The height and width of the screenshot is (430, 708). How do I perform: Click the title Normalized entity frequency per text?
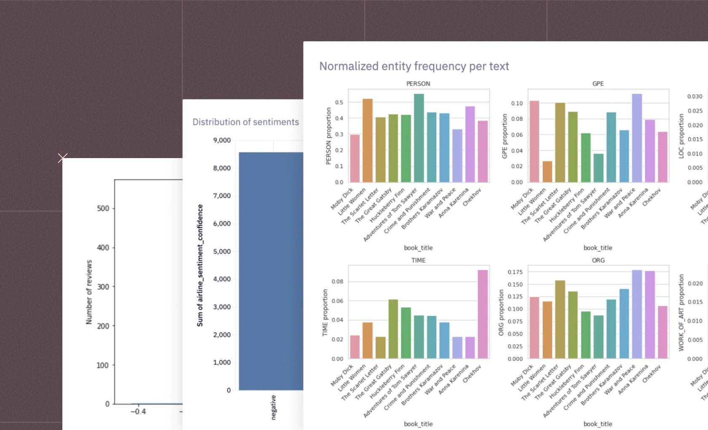pos(414,66)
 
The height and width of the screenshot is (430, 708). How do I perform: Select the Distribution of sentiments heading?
pos(245,122)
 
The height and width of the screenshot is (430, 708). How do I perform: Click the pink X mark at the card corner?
pos(62,158)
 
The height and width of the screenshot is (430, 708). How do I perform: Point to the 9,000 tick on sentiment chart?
pos(222,140)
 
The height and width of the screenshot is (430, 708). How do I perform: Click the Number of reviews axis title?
pos(89,292)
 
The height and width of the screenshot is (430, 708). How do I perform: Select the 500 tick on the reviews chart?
pos(103,208)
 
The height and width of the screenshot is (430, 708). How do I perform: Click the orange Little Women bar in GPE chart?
pos(547,172)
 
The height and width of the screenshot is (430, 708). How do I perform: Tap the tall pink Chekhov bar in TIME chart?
pos(483,314)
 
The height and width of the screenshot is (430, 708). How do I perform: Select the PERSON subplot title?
pos(418,83)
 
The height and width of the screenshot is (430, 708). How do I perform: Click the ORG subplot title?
pos(598,260)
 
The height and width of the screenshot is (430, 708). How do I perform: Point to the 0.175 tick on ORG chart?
pos(515,272)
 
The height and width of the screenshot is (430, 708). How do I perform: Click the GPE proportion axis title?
pos(504,136)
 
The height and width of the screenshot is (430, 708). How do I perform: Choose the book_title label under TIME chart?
pos(418,424)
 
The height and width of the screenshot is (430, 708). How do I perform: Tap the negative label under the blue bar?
pos(274,407)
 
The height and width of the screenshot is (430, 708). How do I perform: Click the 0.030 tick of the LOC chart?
pos(695,96)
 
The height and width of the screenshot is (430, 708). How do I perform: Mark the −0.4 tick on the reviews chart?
pos(138,411)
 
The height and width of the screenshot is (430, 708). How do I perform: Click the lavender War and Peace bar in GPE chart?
pos(636,138)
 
